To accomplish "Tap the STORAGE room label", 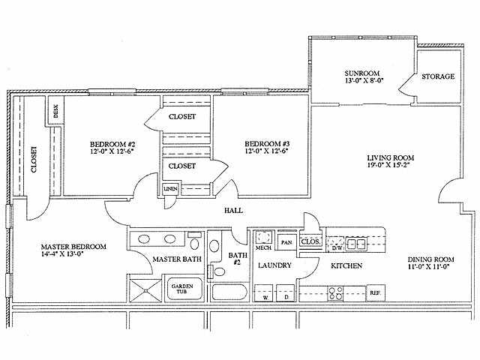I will [x=437, y=76].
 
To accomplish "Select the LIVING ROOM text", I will [x=390, y=158].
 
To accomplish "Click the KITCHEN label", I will [x=347, y=266].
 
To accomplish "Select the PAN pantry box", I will [x=286, y=242].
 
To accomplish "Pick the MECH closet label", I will [x=262, y=247].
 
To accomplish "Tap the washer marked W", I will [x=265, y=298].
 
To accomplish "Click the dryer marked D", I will [x=285, y=298].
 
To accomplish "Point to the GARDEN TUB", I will [x=182, y=289].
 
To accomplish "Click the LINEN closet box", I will [x=171, y=189].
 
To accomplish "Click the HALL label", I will [x=233, y=211].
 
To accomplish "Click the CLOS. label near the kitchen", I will [x=309, y=241].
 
